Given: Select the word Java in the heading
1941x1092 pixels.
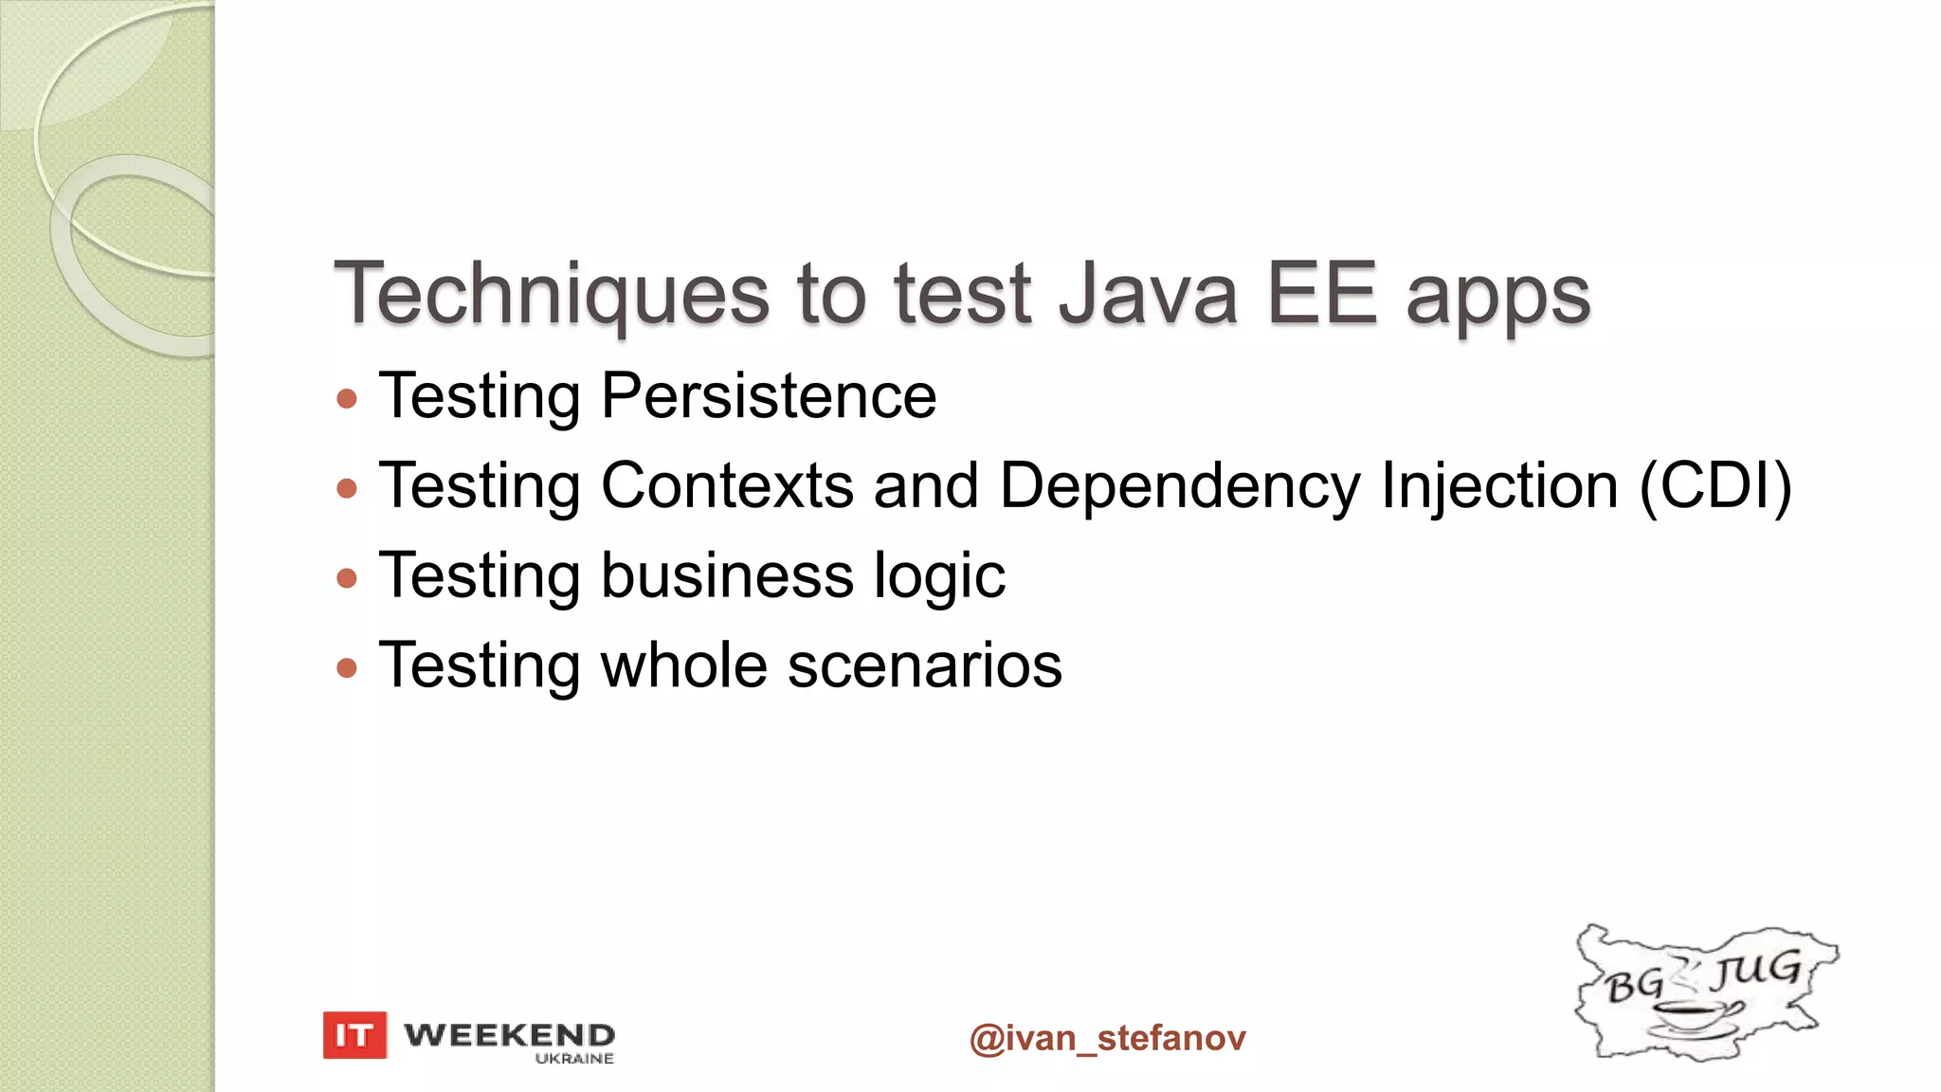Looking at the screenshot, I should [1148, 295].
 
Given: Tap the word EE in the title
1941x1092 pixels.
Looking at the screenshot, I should [1321, 295].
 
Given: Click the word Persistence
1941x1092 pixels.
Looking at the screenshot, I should [769, 395].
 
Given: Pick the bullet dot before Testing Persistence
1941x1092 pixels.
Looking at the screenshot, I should [347, 398].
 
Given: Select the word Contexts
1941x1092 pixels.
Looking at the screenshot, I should [727, 485].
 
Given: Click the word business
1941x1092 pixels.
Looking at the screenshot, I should [727, 575].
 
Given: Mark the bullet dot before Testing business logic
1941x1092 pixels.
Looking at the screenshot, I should [347, 577].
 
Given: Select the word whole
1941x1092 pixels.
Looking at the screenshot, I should [683, 664].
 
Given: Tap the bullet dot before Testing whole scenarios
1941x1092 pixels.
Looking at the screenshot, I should [347, 667].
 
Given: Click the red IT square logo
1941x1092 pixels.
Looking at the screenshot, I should [354, 1035].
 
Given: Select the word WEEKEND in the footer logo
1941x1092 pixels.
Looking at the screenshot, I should [509, 1034].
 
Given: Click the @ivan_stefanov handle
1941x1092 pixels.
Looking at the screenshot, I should [1107, 1038].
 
